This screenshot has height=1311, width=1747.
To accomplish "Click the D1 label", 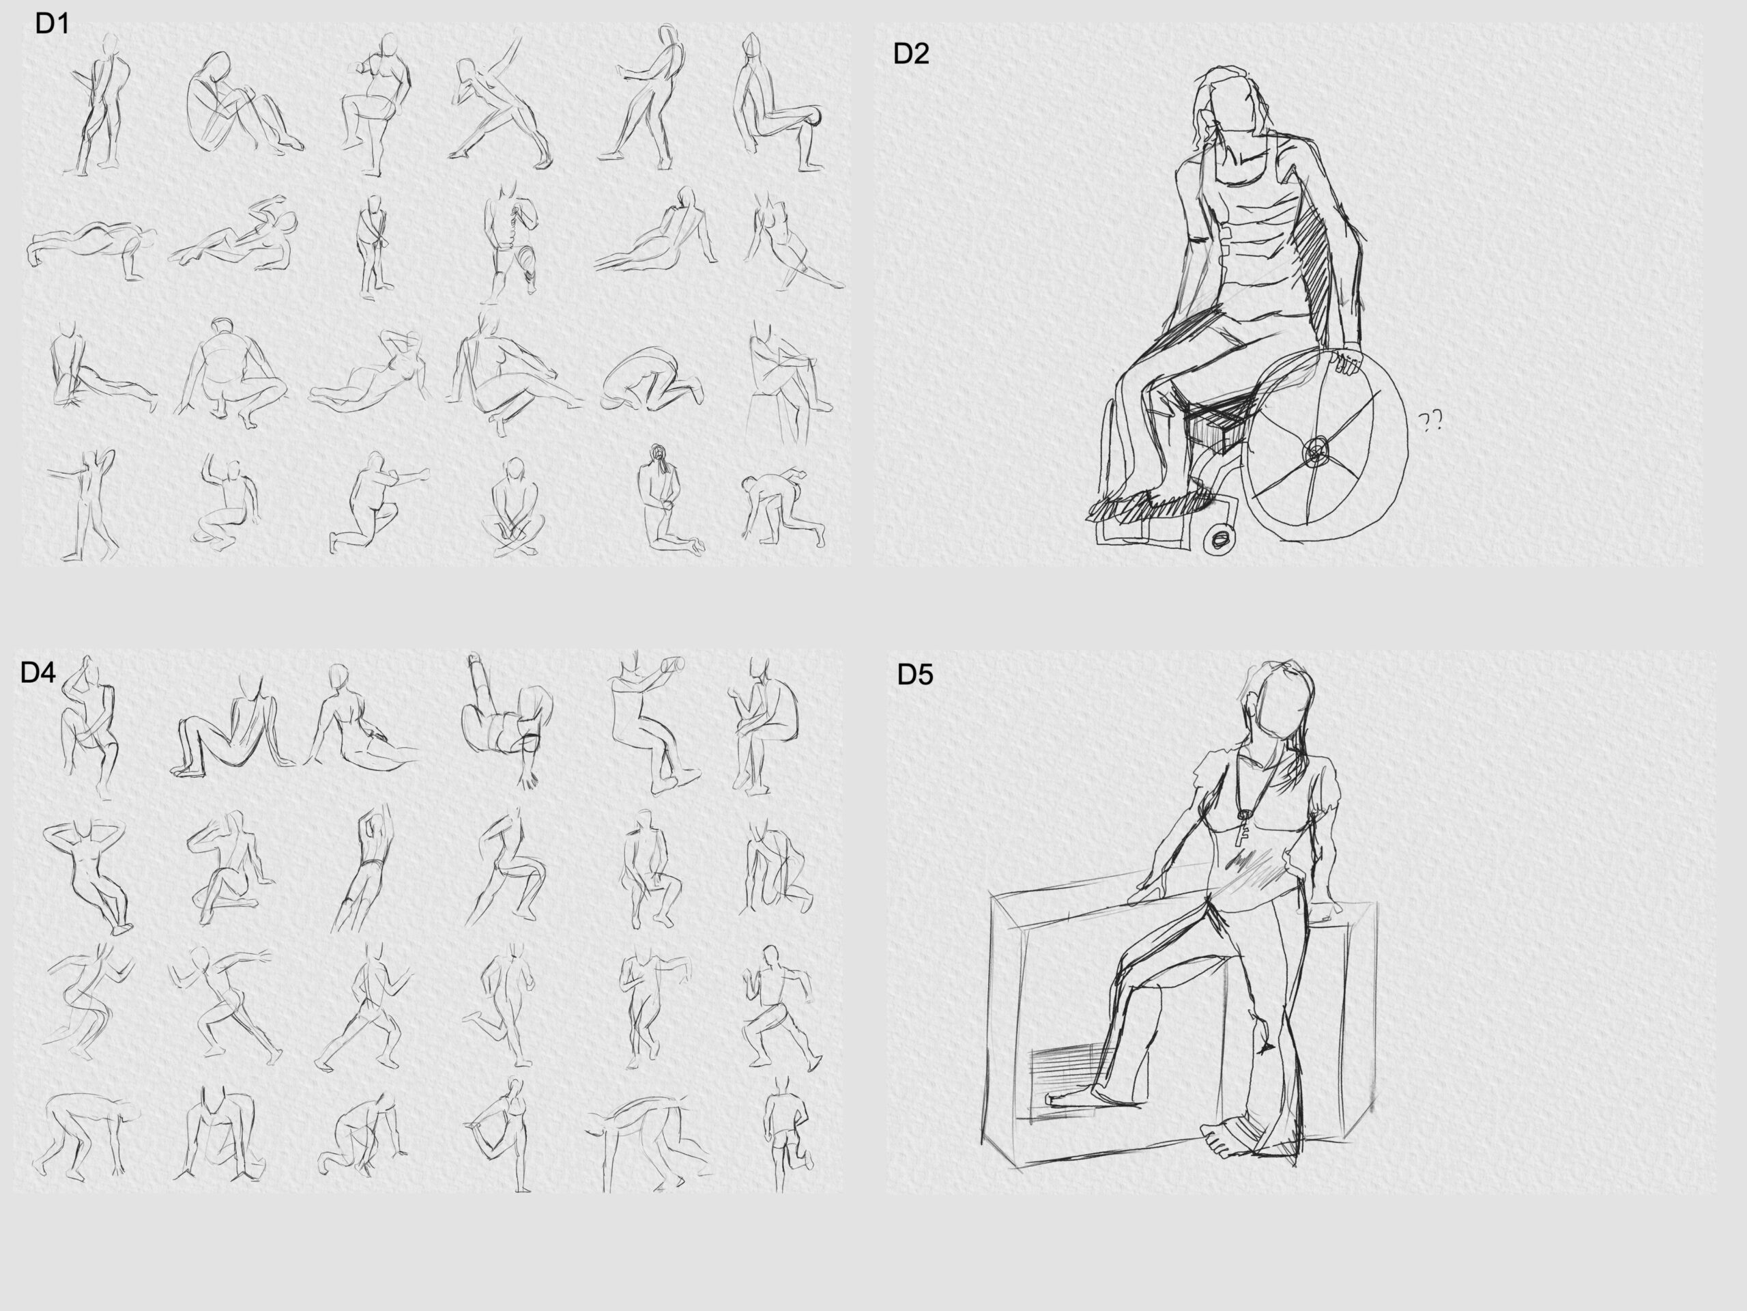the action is [52, 24].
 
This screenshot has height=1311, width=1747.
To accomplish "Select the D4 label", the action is [38, 673].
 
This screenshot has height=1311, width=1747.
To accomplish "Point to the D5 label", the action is [914, 674].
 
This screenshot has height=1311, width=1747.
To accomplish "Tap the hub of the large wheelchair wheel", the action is [1316, 452].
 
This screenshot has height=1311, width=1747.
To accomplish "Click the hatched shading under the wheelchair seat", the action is [1216, 427].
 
